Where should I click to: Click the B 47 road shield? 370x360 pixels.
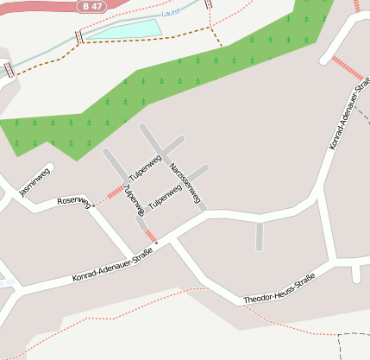94,6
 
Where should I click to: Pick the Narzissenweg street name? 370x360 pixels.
186,182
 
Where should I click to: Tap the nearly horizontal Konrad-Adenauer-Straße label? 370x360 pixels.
112,266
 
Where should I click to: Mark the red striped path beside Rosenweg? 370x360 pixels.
110,195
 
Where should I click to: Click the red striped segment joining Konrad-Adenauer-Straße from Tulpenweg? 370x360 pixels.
150,235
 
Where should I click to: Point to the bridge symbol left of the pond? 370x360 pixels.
80,36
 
